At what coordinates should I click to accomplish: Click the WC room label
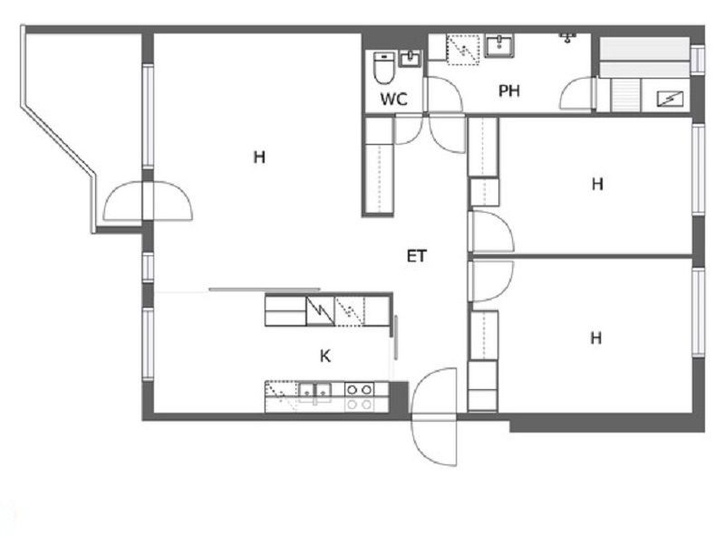394,99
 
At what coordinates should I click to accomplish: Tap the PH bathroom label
509,91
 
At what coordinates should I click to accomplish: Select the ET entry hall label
417,256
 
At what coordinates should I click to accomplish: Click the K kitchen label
325,356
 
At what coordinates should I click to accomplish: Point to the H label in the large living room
259,157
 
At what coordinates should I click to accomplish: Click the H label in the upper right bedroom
597,185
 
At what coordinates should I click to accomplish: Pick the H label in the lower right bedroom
596,338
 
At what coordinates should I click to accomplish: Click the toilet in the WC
383,68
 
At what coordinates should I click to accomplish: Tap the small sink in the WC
410,59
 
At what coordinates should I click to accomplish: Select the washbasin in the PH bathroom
499,46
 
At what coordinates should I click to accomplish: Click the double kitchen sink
315,392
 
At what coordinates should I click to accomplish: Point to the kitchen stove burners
359,396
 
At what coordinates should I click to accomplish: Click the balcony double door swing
148,201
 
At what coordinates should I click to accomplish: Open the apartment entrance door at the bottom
434,416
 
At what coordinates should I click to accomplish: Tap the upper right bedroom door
491,232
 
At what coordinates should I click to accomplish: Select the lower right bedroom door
491,281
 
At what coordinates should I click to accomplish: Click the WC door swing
409,129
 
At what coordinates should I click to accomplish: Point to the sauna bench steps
625,95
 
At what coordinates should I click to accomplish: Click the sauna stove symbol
670,99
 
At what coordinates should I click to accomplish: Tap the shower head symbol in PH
567,37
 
